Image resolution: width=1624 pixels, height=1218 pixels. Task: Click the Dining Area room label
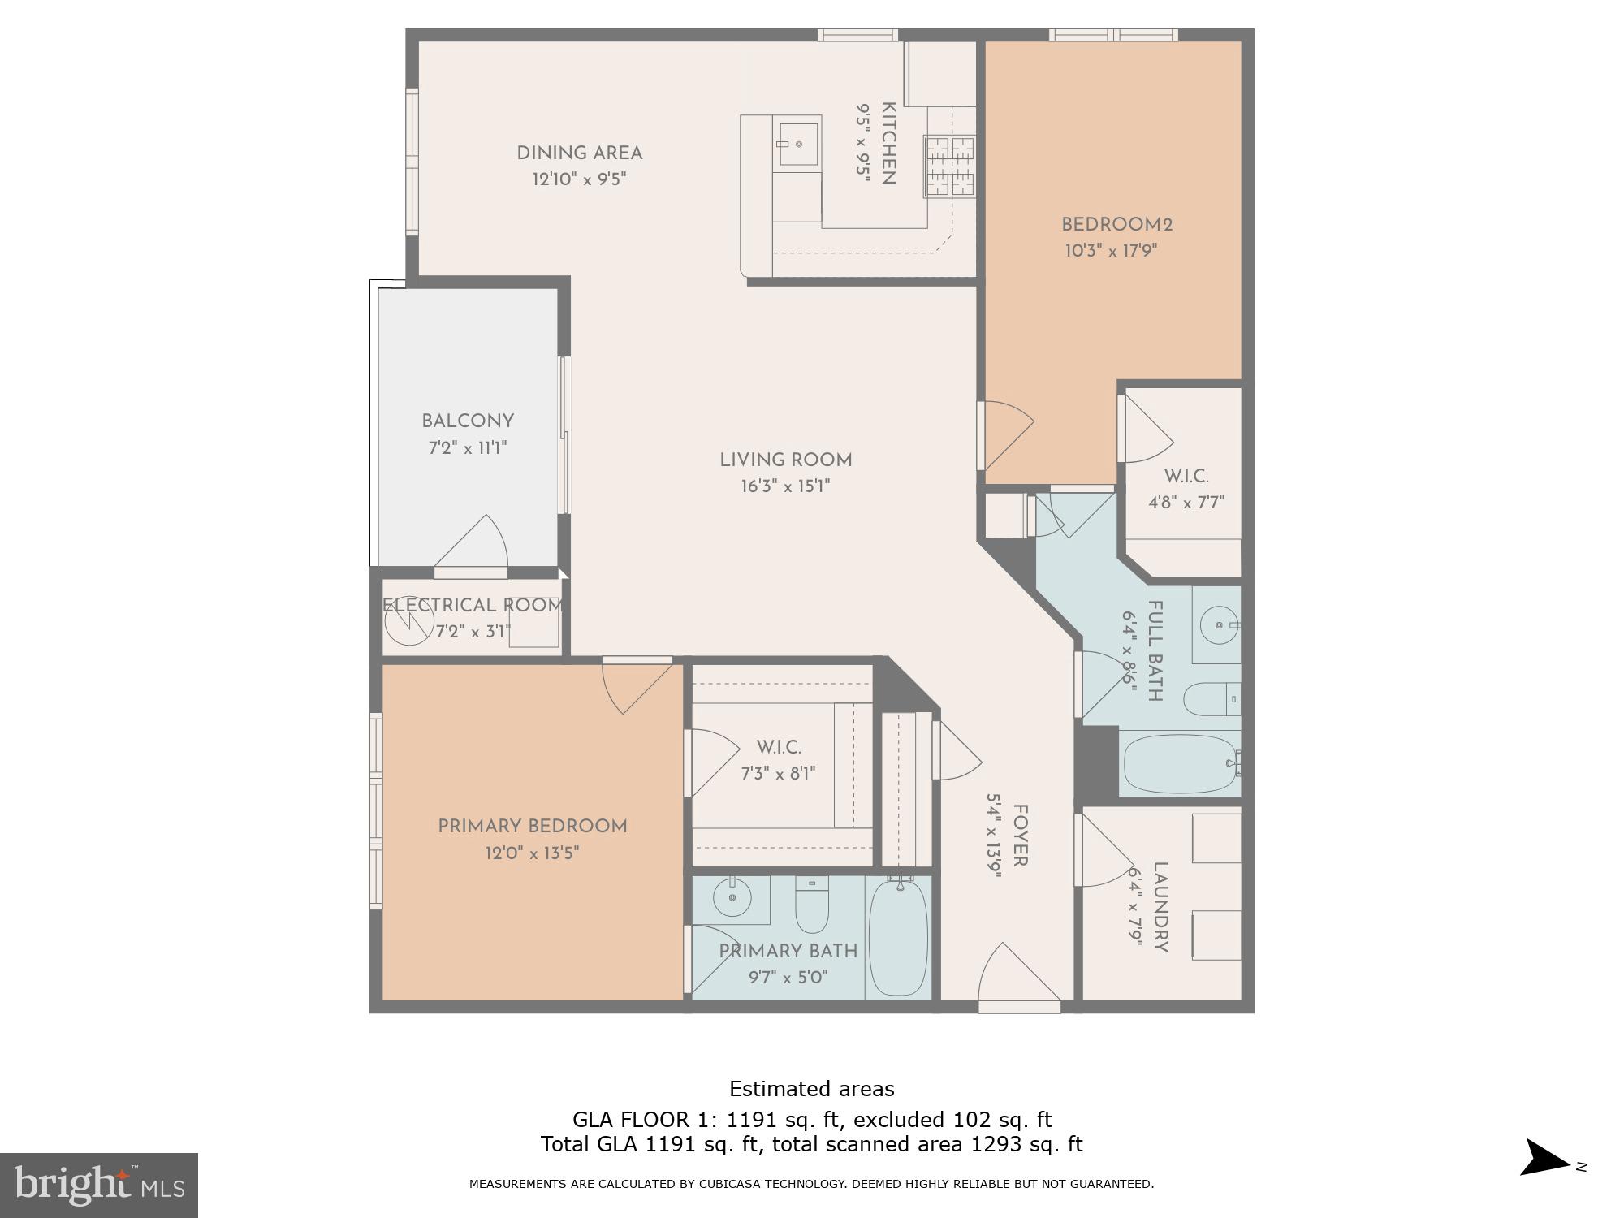579,153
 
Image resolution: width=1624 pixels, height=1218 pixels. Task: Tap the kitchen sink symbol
798,144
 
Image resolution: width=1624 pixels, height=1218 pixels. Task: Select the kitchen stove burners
949,166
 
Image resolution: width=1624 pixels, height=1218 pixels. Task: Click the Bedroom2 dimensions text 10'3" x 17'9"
1110,250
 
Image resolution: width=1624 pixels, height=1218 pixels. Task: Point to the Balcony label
468,421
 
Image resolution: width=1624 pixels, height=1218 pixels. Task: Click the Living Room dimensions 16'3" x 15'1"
785,486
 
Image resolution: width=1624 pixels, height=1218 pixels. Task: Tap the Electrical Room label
473,605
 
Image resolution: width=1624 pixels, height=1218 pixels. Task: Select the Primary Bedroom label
533,826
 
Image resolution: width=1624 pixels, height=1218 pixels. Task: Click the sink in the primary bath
733,898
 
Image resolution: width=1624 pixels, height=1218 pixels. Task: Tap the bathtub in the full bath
1179,763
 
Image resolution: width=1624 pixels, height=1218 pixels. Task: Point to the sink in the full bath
1218,625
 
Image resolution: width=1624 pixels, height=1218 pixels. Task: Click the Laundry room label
1160,906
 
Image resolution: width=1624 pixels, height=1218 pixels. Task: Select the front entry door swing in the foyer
1015,974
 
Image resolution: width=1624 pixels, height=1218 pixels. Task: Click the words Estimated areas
811,1089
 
